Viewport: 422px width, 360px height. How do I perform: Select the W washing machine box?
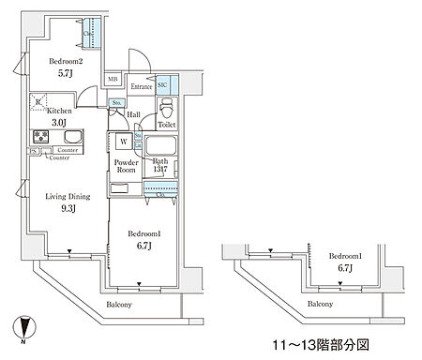click(x=122, y=142)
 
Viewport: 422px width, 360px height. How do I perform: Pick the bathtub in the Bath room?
click(x=163, y=147)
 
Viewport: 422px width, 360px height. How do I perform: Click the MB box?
click(x=112, y=80)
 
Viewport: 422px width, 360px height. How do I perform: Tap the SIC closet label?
click(x=162, y=83)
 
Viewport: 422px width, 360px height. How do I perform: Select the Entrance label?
click(x=140, y=86)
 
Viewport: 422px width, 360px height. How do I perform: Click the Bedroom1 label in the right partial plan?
click(x=348, y=256)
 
